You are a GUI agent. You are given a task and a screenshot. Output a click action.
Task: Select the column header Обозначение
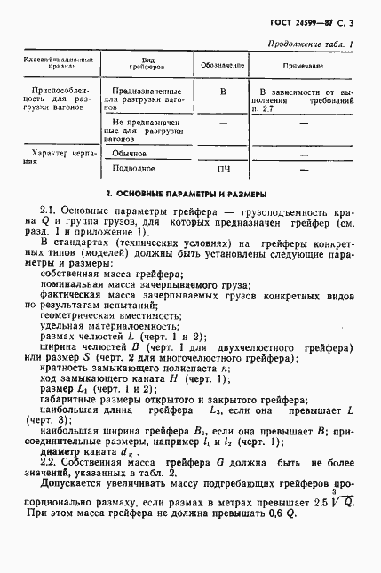(x=223, y=66)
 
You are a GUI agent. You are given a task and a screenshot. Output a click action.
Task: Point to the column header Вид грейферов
(x=146, y=66)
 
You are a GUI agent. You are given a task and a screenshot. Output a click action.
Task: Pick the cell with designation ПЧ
(x=223, y=168)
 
